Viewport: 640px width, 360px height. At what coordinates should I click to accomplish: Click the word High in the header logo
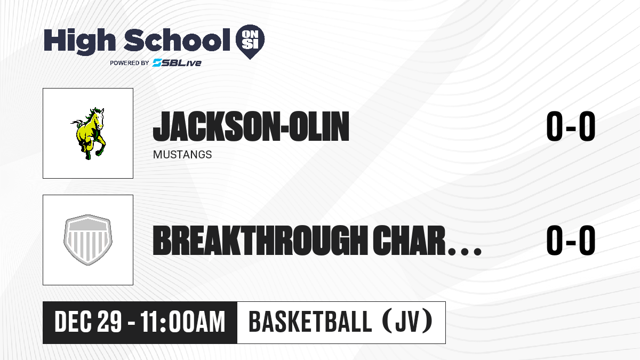(79, 41)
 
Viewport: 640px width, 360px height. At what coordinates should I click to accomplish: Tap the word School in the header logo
(177, 40)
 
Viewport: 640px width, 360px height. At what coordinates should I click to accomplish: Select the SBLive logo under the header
(177, 63)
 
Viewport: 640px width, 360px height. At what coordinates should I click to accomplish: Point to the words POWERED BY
(130, 63)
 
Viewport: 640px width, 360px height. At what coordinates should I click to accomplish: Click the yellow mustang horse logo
(89, 133)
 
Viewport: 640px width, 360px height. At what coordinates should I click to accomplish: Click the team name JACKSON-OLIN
(251, 126)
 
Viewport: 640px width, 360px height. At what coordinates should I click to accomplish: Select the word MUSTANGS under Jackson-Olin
(182, 155)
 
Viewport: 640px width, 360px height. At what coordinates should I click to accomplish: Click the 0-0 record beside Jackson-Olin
(571, 126)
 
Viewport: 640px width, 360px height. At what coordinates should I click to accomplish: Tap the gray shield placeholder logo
(88, 240)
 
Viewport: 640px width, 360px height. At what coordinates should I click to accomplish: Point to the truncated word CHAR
(409, 241)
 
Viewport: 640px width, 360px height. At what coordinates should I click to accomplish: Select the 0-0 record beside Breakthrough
(571, 241)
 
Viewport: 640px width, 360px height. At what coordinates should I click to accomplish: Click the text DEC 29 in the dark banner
(89, 322)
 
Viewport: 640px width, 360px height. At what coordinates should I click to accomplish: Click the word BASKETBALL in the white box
(310, 322)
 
